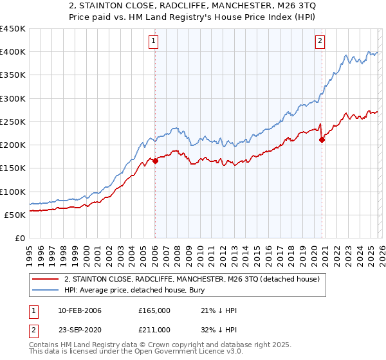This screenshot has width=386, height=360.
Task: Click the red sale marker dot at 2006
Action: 155,161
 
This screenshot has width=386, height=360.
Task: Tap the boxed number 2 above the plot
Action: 320,42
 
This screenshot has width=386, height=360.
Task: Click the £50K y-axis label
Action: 15,215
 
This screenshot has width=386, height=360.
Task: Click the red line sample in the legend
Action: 46,278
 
